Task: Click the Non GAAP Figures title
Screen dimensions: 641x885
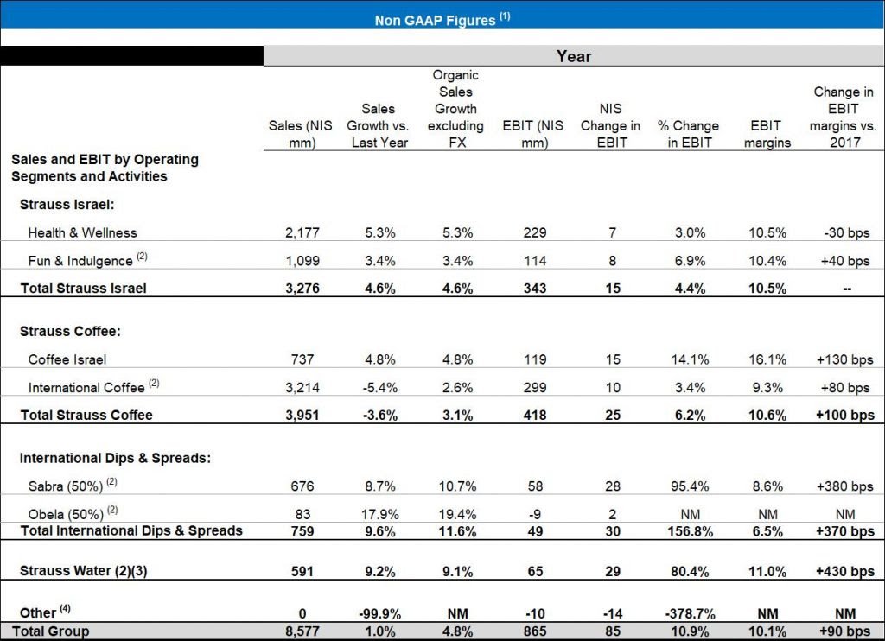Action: click(442, 19)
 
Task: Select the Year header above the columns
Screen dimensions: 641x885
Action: click(574, 56)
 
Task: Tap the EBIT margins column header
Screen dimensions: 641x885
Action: click(767, 134)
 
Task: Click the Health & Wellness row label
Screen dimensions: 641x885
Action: click(82, 232)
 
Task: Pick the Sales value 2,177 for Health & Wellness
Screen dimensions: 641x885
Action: click(302, 232)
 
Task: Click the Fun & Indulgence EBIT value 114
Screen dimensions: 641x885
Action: click(535, 260)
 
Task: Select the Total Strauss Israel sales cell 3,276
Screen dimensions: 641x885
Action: click(302, 289)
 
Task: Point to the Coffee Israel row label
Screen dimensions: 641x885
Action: click(67, 359)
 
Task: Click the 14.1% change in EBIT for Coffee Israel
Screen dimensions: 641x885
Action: click(689, 359)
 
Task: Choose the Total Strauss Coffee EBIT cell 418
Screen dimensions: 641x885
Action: click(535, 415)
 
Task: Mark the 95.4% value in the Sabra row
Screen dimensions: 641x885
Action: click(689, 486)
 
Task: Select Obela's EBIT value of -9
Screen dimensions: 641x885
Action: click(535, 514)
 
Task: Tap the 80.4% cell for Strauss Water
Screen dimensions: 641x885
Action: click(689, 571)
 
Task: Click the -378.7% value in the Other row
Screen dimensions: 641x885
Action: click(689, 613)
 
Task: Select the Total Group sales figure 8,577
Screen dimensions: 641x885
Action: click(302, 631)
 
